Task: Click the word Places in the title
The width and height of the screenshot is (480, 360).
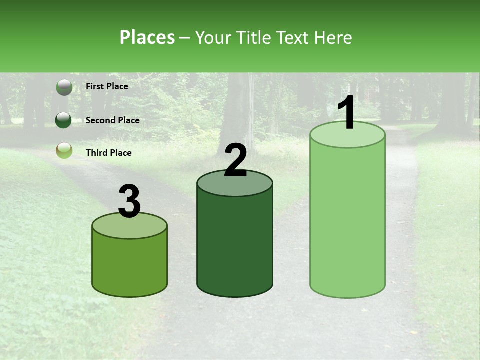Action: pos(147,37)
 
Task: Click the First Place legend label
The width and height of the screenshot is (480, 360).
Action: pos(107,86)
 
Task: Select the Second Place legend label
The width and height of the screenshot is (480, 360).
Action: pos(112,120)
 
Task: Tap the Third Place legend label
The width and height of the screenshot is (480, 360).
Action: pos(108,153)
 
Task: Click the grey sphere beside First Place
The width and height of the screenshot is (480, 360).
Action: pos(64,87)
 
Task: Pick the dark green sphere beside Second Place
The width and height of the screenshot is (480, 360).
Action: pos(63,120)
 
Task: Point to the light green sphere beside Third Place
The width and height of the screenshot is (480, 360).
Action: pos(64,150)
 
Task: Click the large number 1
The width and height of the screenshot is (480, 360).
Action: pos(347,114)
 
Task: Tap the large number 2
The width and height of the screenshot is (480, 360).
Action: pos(235,161)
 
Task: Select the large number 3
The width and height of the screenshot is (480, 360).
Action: pos(130,202)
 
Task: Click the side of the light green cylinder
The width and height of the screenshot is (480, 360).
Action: pos(347,220)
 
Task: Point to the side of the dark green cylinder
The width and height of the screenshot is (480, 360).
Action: pos(235,245)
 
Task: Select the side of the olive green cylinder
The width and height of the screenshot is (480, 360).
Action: pos(129,265)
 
